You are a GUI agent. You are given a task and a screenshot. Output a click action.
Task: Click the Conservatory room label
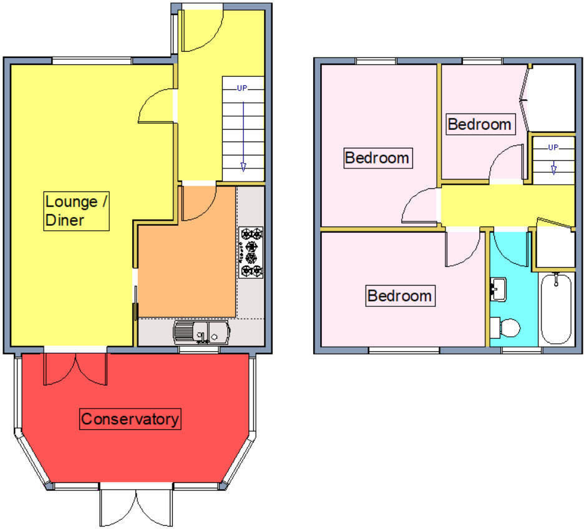[x=130, y=419]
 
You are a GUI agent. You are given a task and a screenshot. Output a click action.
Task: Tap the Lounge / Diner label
[x=71, y=211]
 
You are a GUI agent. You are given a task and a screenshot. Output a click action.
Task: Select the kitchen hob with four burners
[x=251, y=253]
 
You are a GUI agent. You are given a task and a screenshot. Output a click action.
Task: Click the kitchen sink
[x=201, y=332]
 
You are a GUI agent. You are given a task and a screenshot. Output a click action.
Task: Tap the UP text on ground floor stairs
[x=242, y=88]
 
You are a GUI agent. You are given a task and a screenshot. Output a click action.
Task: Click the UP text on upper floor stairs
[x=553, y=147]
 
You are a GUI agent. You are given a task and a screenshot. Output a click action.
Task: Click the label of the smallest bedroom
[x=480, y=124]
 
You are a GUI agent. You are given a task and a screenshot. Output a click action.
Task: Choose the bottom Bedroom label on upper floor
[x=399, y=295]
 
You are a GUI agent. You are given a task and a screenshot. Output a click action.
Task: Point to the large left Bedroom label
[x=377, y=158]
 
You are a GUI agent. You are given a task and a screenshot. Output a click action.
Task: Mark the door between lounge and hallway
[x=156, y=106]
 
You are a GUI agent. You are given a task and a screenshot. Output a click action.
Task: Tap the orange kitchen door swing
[x=198, y=203]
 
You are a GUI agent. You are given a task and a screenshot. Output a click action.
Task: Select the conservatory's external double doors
[x=135, y=505]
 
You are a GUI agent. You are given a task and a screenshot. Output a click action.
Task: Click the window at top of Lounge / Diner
[x=92, y=61]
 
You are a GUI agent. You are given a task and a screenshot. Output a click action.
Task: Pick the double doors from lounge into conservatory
[x=75, y=369]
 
